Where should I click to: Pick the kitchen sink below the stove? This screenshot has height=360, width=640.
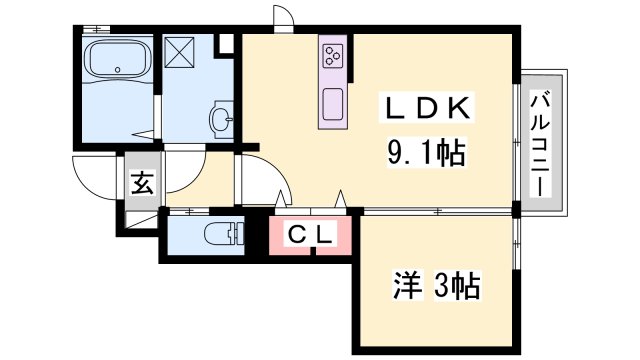click(332, 102)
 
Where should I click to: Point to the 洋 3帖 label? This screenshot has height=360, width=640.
click(435, 287)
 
